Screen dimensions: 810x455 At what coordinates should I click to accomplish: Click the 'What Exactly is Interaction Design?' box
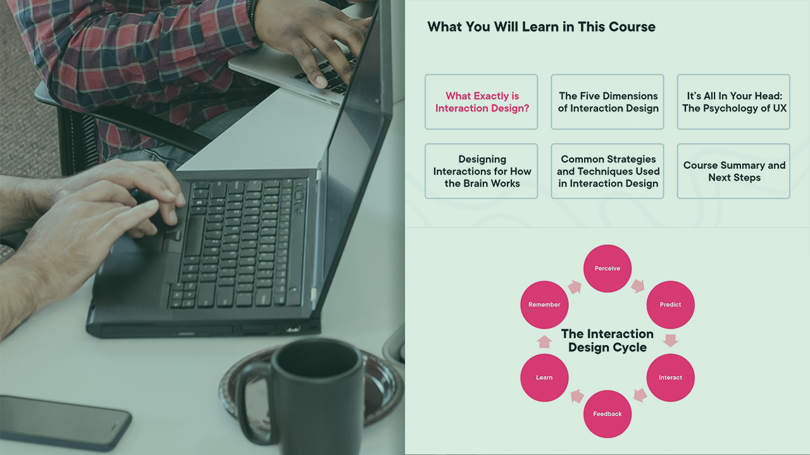click(x=482, y=102)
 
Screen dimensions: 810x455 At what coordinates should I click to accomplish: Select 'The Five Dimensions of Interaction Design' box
click(x=607, y=102)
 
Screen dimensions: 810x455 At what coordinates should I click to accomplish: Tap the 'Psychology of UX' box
click(x=733, y=102)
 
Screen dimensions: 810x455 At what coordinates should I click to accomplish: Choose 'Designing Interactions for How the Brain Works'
click(x=482, y=171)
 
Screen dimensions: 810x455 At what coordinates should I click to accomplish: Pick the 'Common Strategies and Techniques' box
click(x=607, y=171)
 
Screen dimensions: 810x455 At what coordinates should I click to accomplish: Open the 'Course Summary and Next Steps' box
click(x=733, y=171)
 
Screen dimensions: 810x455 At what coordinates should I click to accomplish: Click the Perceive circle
click(x=607, y=269)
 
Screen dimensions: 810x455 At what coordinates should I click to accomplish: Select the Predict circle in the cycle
click(x=670, y=305)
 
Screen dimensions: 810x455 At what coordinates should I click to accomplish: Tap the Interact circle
click(x=670, y=378)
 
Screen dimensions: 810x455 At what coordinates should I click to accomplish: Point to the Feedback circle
click(x=607, y=414)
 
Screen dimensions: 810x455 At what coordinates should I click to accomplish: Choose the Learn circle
click(x=544, y=378)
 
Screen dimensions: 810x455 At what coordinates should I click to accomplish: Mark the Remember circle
click(x=544, y=305)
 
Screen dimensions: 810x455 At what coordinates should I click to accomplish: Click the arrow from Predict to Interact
click(x=671, y=341)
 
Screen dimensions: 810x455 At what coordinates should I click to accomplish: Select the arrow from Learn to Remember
click(x=544, y=342)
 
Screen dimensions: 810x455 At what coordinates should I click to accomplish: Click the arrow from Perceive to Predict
click(x=639, y=286)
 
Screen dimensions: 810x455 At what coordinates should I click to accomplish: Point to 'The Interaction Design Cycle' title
click(x=607, y=341)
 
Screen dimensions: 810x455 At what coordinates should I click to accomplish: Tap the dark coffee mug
click(x=304, y=394)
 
